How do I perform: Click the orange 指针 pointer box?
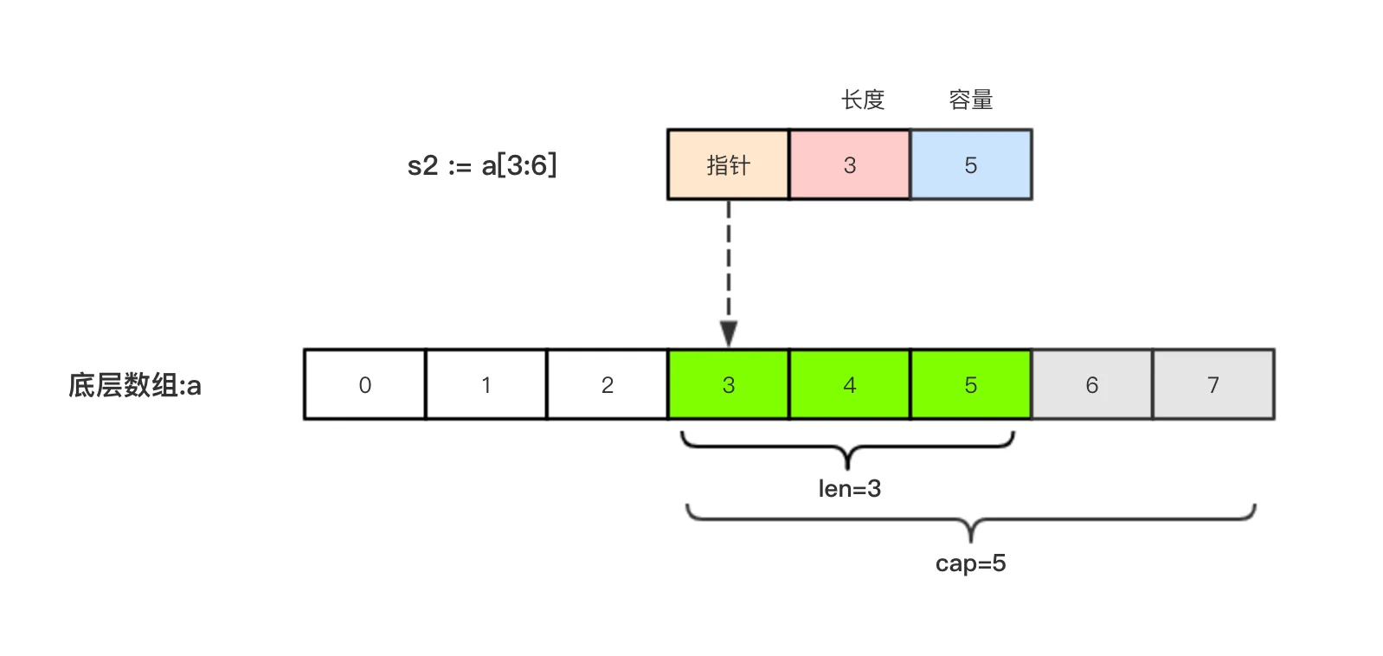728,164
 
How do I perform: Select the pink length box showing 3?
849,164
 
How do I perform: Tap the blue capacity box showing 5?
970,164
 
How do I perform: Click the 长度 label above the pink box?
863,100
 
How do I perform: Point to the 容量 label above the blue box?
970,100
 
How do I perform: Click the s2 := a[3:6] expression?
482,164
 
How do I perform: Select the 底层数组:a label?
135,385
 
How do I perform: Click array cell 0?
364,385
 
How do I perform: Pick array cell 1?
486,385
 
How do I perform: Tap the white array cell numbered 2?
607,385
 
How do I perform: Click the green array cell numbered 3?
728,385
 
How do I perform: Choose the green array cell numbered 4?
849,385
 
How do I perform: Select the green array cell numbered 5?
970,385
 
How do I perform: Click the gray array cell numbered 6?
1091,385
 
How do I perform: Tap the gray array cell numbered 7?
1213,385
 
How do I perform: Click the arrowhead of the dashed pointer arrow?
729,334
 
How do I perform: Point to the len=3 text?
849,489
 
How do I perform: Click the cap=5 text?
970,563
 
